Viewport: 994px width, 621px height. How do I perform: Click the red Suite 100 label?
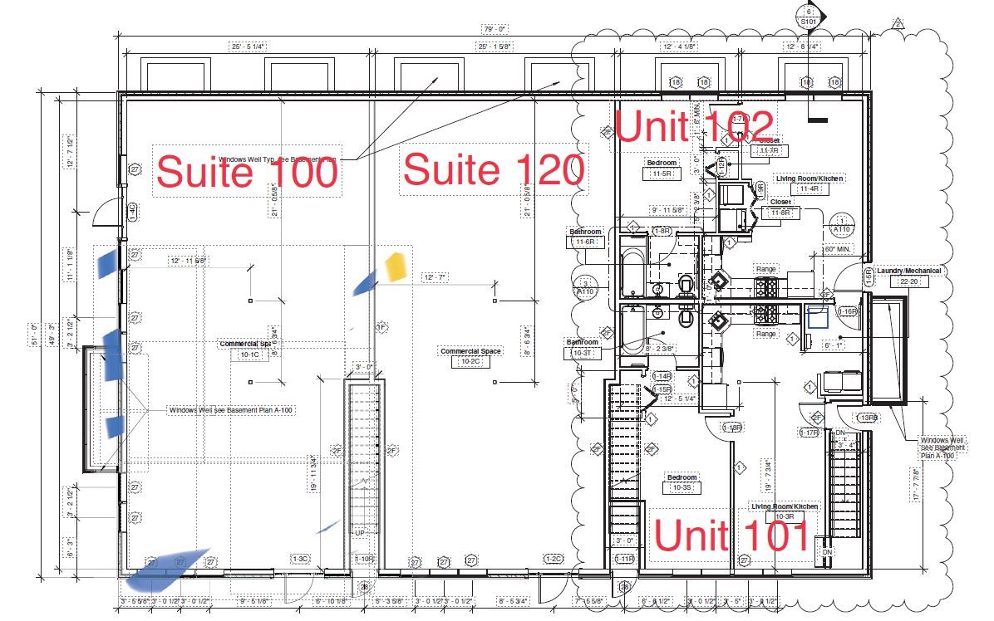point(247,173)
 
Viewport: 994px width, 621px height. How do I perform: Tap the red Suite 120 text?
point(493,170)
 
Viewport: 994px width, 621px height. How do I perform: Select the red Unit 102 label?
point(695,126)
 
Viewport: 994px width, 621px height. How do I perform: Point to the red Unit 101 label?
point(731,535)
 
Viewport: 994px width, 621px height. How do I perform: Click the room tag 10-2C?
point(470,362)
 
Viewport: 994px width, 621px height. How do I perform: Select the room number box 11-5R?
point(662,174)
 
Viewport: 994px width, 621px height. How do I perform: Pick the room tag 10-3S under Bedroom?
point(682,488)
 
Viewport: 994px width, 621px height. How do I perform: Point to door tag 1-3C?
point(299,559)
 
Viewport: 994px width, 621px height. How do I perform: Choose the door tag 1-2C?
point(554,559)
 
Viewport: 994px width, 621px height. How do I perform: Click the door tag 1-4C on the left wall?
point(131,212)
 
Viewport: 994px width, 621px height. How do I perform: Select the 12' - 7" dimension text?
point(435,277)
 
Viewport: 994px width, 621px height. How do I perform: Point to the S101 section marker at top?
point(807,22)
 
